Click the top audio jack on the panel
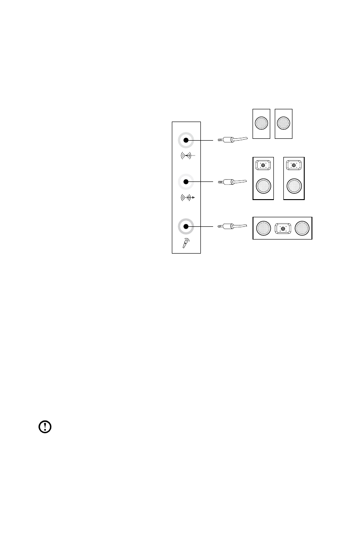pos(185,140)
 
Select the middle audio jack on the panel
pos(185,182)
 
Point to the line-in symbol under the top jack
pos(187,156)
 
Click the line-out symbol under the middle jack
pos(188,198)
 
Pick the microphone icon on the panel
pos(186,243)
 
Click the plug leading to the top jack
pos(233,140)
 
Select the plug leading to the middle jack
pos(233,182)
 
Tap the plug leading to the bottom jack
pos(233,225)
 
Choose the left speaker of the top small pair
pos(261,124)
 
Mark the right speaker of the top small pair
pos(283,124)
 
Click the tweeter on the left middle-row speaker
pos(263,166)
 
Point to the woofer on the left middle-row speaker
pos(263,186)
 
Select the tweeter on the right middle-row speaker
pos(294,166)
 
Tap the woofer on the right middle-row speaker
pos(294,186)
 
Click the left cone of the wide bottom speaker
pos(263,228)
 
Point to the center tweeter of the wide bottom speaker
pos(283,229)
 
